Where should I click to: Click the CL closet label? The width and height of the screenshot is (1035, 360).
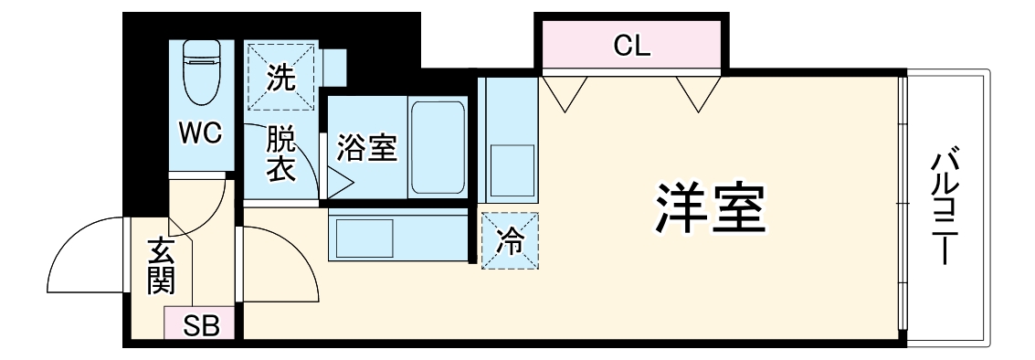point(632,47)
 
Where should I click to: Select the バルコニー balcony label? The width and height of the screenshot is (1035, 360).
point(945,206)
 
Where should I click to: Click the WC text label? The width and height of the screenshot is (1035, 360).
point(200,134)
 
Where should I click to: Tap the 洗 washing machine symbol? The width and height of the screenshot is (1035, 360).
point(281,77)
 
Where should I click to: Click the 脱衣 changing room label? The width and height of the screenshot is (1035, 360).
point(280,154)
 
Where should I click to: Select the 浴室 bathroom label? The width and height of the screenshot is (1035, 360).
point(366,147)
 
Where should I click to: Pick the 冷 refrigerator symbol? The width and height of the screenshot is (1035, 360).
point(510,241)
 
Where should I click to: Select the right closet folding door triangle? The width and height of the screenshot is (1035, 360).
point(699,92)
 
